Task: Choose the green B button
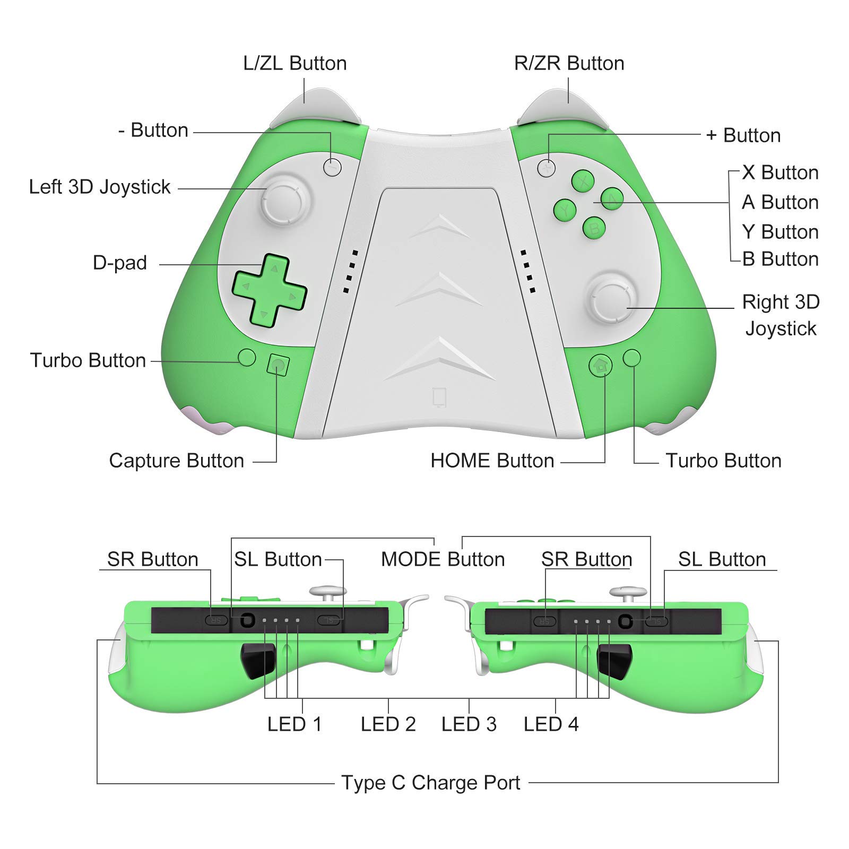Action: (x=594, y=228)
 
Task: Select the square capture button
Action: (x=278, y=365)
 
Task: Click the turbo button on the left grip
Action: (x=247, y=357)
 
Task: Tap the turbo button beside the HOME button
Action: (x=631, y=358)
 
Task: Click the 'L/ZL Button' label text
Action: (x=295, y=63)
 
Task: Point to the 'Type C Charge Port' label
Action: (x=431, y=783)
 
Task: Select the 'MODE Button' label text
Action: (x=443, y=559)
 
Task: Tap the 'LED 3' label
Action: (x=469, y=724)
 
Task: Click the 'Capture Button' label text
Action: (x=177, y=461)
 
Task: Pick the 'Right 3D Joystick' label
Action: (x=781, y=315)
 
